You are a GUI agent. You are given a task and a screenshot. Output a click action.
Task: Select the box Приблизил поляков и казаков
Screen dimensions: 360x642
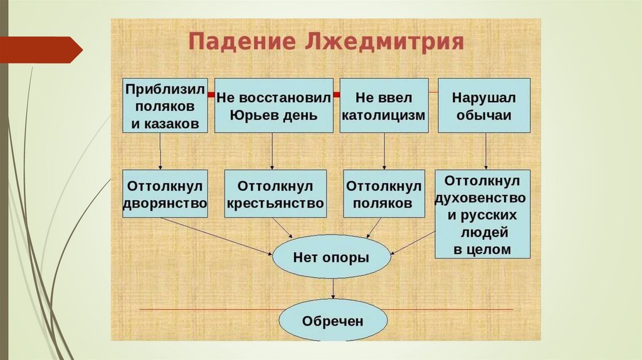(x=165, y=105)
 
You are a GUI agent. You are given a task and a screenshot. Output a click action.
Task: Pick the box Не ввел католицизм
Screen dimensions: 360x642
(x=384, y=105)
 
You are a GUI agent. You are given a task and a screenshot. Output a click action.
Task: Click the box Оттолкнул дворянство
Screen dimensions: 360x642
(x=165, y=194)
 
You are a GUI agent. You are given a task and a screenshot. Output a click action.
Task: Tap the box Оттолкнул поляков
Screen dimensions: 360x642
(x=384, y=194)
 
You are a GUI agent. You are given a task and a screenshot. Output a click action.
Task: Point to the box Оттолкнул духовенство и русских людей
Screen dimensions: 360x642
(x=482, y=214)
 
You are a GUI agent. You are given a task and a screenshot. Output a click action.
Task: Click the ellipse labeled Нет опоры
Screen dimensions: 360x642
(x=331, y=257)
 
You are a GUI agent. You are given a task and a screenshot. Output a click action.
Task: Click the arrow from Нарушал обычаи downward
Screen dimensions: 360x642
(x=487, y=151)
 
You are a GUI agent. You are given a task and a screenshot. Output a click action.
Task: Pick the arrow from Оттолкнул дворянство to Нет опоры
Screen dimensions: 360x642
(x=216, y=236)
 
